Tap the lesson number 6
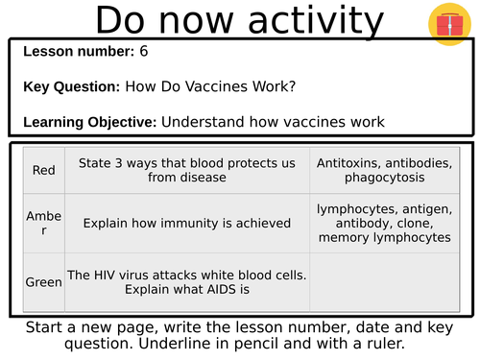pos(144,51)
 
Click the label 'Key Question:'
pos(72,86)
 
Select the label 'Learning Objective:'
pos(90,122)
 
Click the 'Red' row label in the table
pos(42,170)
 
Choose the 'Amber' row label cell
pos(42,223)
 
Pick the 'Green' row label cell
pos(42,282)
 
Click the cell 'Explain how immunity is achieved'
pos(186,223)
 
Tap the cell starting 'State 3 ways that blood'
pos(186,170)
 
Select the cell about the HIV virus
pos(186,282)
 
